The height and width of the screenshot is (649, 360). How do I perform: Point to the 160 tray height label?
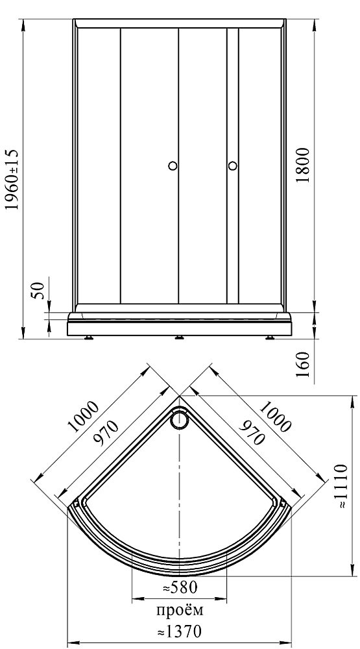click(x=304, y=365)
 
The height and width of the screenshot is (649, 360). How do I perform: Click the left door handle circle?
click(x=173, y=165)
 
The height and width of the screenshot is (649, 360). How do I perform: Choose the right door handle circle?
click(x=233, y=165)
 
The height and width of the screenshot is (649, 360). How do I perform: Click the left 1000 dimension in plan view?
click(x=83, y=416)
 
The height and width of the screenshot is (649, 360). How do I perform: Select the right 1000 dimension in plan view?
click(x=275, y=416)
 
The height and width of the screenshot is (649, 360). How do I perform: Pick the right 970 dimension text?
click(x=252, y=432)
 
